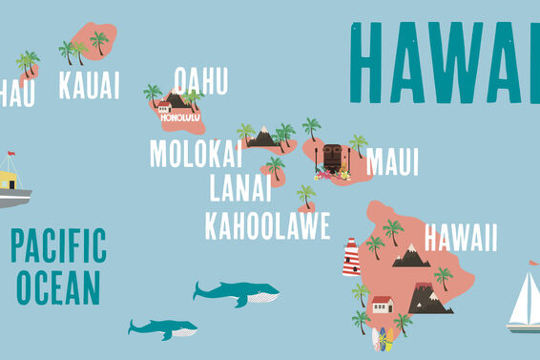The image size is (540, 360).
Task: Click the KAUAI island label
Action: point(89,85)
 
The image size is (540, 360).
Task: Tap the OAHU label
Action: point(200,80)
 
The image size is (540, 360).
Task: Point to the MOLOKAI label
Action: point(196,153)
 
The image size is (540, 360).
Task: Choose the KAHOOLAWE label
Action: point(267,225)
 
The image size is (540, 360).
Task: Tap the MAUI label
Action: point(392,161)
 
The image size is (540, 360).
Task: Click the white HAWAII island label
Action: point(461,237)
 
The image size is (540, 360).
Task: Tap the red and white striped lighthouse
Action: point(351,257)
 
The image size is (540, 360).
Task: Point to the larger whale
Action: point(236,292)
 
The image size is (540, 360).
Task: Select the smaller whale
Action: point(163,329)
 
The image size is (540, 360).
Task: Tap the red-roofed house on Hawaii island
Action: point(382,306)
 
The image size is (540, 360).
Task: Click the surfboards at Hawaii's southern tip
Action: point(381,339)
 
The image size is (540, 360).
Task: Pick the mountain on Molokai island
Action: point(261,138)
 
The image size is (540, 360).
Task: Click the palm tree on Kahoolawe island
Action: point(306,196)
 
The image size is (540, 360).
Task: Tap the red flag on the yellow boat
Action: point(11,153)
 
